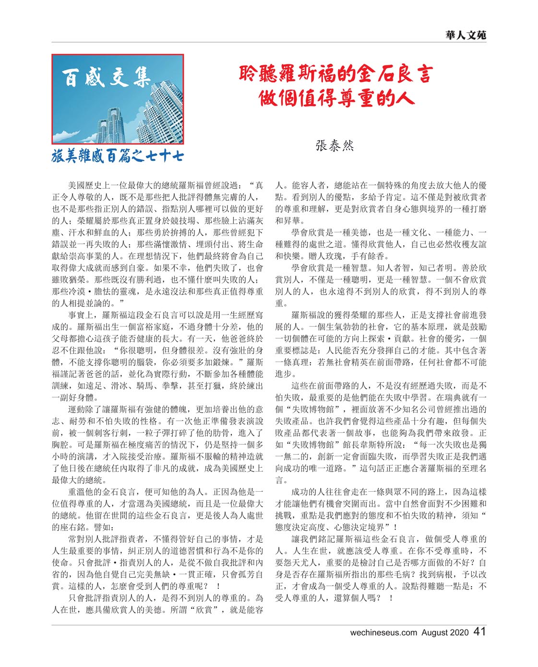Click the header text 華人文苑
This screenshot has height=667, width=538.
pos(465,35)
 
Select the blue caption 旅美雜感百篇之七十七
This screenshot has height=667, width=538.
pos(117,156)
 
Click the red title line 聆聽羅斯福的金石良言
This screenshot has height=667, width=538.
pos(336,74)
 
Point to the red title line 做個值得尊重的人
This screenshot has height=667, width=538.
pos(336,98)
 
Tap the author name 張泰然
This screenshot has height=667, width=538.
pos(335,146)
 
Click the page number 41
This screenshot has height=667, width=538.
pos(479,632)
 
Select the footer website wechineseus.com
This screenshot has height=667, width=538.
pos(383,633)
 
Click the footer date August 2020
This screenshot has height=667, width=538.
pos(445,633)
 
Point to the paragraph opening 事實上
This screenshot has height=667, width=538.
pos(80,315)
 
